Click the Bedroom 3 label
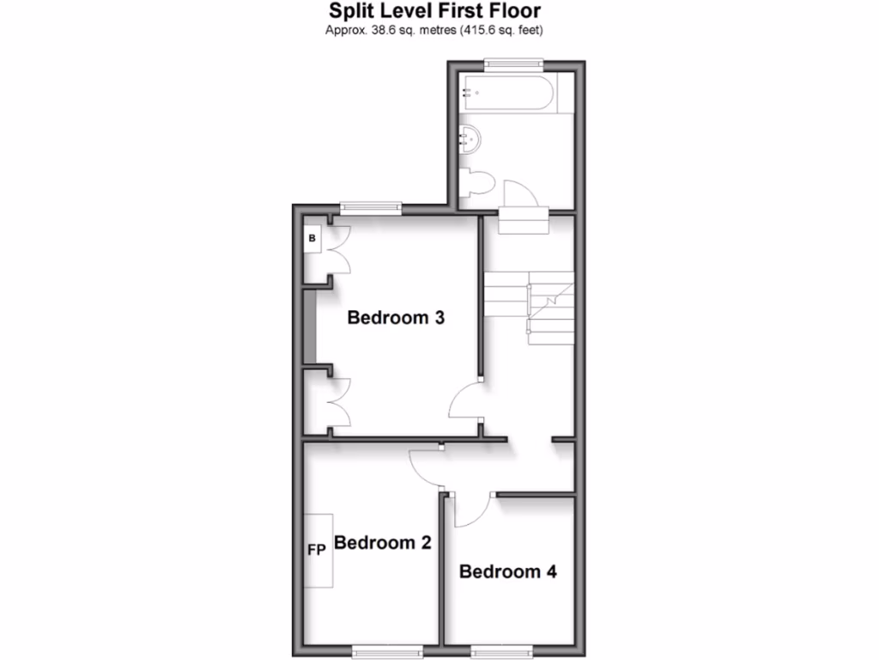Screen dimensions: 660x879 tap(396, 318)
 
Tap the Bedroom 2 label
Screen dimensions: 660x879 tap(382, 543)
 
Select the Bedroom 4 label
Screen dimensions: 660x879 tap(508, 571)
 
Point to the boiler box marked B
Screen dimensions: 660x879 tap(312, 238)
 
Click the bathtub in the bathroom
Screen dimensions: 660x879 tap(506, 92)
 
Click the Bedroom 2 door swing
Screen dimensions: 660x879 tap(425, 467)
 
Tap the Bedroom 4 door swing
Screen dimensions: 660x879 tap(470, 510)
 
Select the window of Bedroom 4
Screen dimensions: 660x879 tap(499, 652)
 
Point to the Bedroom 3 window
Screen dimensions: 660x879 tap(370, 206)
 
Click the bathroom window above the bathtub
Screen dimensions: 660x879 tap(512, 62)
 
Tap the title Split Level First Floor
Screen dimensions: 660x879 tap(436, 12)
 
